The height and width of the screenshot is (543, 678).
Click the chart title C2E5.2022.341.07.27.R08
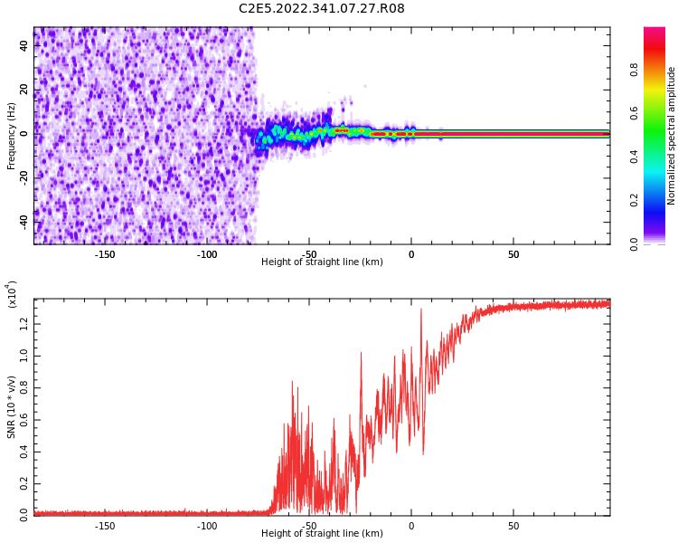(322, 9)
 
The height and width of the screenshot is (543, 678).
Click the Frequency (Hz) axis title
(12, 136)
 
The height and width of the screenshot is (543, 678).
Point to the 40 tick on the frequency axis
(24, 46)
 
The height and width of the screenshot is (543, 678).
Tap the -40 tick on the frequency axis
(23, 220)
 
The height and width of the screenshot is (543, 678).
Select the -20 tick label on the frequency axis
(23, 176)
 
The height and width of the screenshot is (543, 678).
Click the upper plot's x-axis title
(322, 262)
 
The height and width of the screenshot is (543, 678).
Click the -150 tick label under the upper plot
(105, 254)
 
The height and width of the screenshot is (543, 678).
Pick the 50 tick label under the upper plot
(513, 254)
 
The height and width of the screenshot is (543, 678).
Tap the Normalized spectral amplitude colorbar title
(672, 136)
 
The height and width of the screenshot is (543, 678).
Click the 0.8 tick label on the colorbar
(659, 69)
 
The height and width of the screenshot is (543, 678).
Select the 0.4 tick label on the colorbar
(659, 156)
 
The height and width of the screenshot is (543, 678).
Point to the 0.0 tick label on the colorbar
(659, 243)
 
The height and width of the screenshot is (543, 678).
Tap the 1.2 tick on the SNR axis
(23, 322)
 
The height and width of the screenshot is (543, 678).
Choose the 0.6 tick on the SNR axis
(23, 419)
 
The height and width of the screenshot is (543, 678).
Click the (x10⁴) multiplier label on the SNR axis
(12, 294)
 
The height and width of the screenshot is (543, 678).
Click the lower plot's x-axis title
(322, 534)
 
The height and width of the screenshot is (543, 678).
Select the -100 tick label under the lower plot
(207, 526)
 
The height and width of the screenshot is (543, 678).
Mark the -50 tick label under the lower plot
(309, 526)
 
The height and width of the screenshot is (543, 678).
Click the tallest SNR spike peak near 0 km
(420, 310)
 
